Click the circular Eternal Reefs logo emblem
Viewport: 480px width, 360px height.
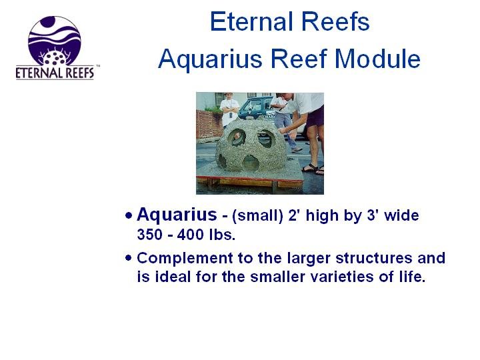[x=55, y=41]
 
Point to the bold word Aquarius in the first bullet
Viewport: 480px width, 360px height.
[x=177, y=215]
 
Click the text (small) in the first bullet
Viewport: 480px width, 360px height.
[x=257, y=215]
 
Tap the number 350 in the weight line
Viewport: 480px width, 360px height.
[x=149, y=235]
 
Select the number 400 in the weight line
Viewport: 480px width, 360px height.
[x=190, y=235]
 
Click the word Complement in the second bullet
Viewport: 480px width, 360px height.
[x=185, y=259]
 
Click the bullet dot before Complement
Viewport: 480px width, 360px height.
[x=128, y=258]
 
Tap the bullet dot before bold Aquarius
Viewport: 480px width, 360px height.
[x=129, y=215]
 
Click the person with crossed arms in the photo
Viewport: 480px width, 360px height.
[x=229, y=109]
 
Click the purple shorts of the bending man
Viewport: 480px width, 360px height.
[x=315, y=116]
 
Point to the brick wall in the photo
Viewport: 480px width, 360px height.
[x=209, y=124]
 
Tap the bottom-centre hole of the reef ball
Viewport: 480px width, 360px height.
[x=251, y=162]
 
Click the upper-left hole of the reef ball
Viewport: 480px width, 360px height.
[x=237, y=137]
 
